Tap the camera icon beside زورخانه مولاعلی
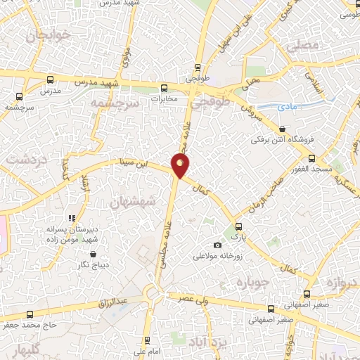218,245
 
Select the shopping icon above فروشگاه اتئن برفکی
282,129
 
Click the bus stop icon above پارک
239,226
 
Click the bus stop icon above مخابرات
164,88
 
